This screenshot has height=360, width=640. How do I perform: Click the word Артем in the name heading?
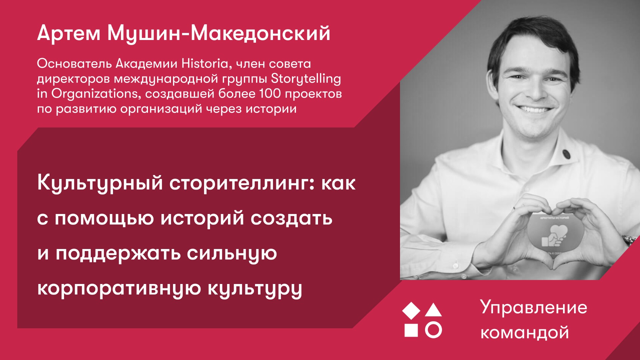point(69,33)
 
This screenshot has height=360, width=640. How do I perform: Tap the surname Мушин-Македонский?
point(219,34)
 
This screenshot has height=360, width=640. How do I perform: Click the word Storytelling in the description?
point(306,79)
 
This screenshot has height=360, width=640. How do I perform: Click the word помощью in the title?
point(104,219)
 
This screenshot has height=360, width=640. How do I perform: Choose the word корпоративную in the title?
point(119,289)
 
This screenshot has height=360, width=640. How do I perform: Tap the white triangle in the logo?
point(433,310)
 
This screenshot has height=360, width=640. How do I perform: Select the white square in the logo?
point(411,330)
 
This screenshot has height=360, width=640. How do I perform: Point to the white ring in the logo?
point(433,330)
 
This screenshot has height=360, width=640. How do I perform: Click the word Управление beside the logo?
point(533,307)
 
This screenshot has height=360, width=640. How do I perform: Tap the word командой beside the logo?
point(525,333)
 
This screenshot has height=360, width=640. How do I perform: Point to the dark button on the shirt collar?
point(566,154)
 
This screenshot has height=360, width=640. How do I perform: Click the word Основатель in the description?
point(74,63)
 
